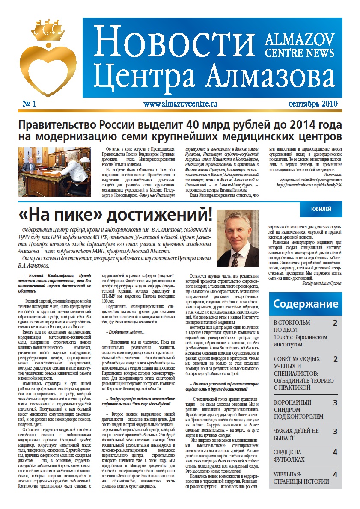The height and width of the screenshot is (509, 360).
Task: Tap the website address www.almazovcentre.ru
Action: click(180, 104)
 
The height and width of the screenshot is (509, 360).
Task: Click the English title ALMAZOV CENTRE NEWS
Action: click(299, 46)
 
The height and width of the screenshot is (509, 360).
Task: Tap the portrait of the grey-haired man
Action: click(238, 239)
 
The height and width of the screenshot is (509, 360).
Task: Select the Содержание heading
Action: click(306, 304)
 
